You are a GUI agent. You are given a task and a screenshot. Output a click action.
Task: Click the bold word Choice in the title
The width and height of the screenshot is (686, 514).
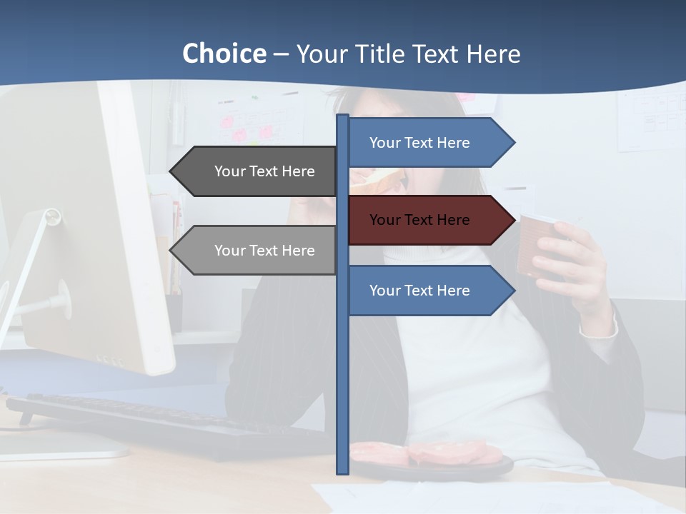point(224,54)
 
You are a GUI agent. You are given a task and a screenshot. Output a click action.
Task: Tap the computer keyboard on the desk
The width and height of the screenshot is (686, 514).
point(157,425)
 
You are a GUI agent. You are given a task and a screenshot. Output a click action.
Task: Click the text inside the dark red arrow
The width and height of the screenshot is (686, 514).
point(419,220)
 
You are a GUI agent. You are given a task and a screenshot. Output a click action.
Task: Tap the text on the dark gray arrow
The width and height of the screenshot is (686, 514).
point(264,171)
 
